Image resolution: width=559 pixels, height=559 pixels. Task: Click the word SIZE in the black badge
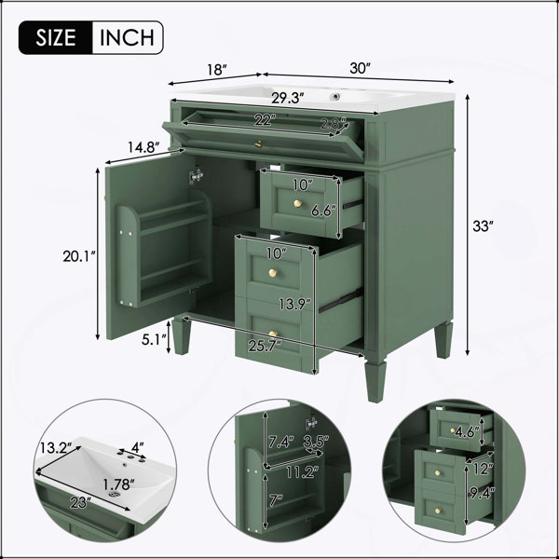pyautogui.click(x=56, y=37)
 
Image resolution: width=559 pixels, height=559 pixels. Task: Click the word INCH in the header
pyautogui.click(x=127, y=37)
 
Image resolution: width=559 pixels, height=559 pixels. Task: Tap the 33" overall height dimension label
pyautogui.click(x=483, y=226)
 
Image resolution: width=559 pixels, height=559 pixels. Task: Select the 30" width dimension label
pyautogui.click(x=361, y=68)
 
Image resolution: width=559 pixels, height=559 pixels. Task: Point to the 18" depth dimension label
pyautogui.click(x=217, y=70)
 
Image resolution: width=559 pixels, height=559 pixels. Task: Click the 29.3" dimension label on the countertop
pyautogui.click(x=287, y=98)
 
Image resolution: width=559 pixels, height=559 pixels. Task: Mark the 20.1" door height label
pyautogui.click(x=79, y=256)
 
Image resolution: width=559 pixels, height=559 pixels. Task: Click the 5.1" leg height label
pyautogui.click(x=154, y=339)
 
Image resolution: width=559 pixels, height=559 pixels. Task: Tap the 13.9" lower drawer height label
pyautogui.click(x=294, y=304)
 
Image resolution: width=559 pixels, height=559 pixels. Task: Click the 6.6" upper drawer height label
pyautogui.click(x=323, y=211)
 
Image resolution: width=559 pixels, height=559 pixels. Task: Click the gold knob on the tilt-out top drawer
pyautogui.click(x=258, y=144)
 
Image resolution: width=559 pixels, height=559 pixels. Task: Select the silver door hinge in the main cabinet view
pyautogui.click(x=196, y=176)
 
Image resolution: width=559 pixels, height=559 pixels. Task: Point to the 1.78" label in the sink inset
pyautogui.click(x=118, y=484)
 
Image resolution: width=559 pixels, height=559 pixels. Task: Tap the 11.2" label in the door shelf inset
pyautogui.click(x=302, y=472)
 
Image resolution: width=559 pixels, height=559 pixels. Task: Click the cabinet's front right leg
pyautogui.click(x=375, y=381)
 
